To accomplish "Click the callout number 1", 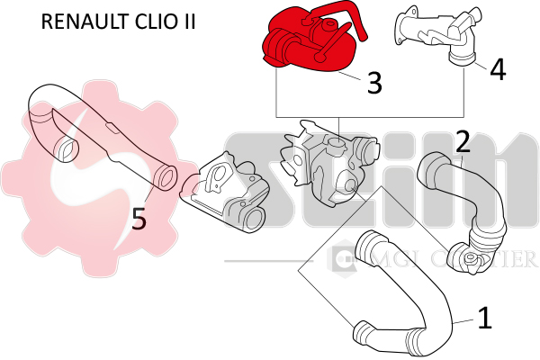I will (484, 318).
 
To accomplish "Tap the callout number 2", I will (463, 141).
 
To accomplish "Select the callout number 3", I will (374, 83).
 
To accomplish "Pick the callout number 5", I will (138, 219).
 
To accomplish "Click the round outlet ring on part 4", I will (463, 59).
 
